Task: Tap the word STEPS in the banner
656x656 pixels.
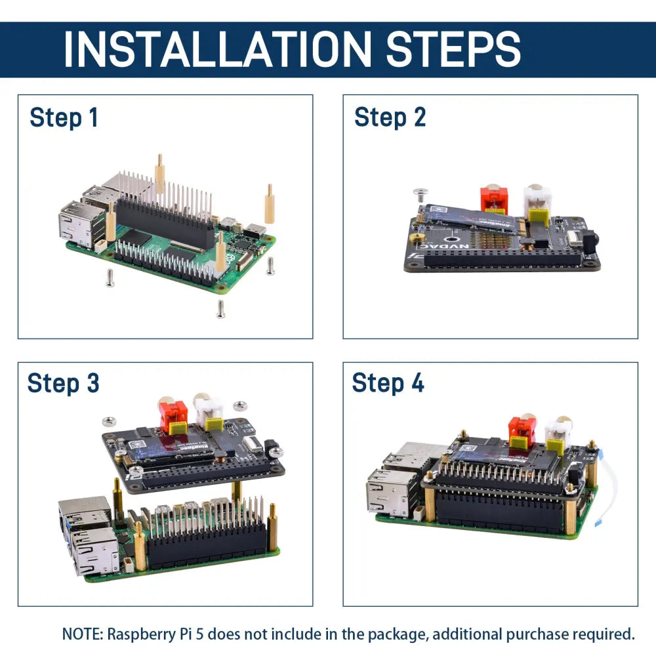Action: point(453,49)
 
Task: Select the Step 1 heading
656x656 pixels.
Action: point(64,118)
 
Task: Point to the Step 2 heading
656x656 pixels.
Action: point(390,117)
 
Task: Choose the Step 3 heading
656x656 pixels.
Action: point(63,383)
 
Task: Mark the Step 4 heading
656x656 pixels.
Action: point(388,383)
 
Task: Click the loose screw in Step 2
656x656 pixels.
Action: point(420,193)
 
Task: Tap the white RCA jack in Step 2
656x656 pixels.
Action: point(537,200)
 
